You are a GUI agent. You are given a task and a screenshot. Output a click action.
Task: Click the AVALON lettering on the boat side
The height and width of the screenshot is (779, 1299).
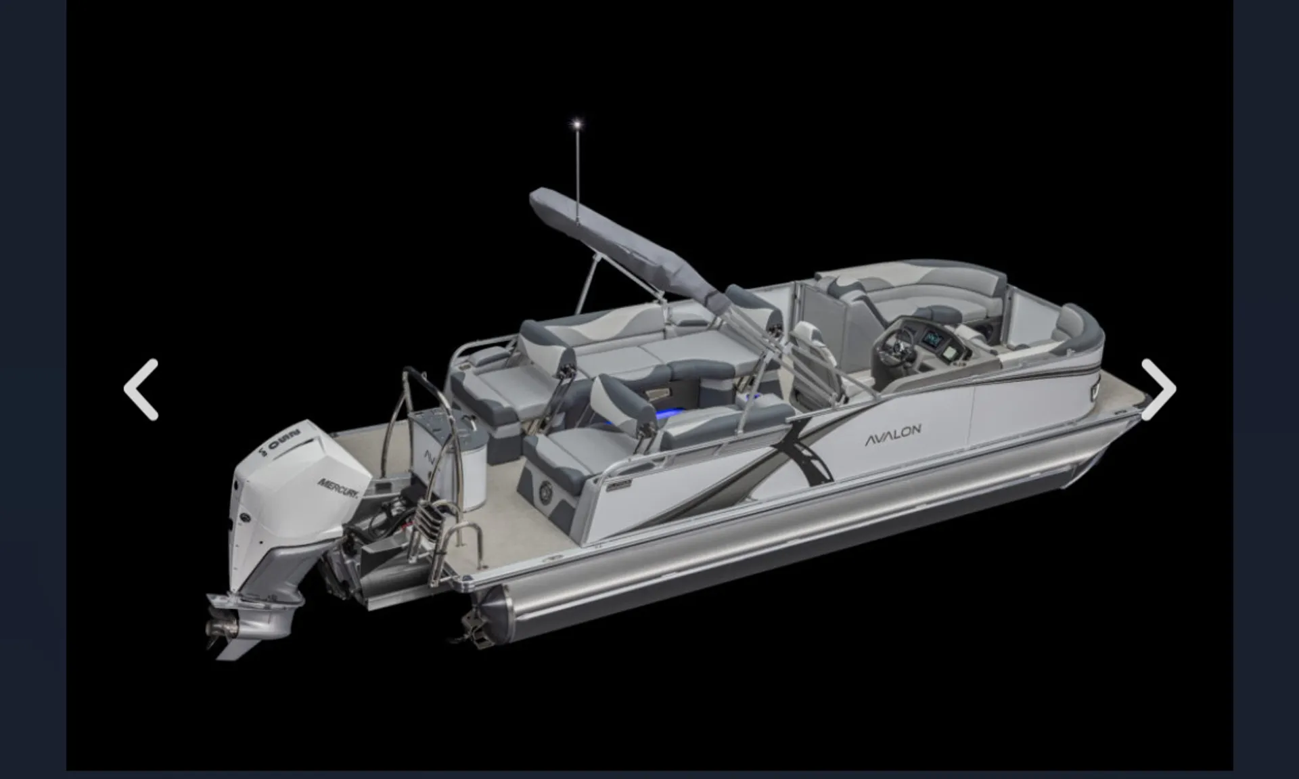(x=893, y=435)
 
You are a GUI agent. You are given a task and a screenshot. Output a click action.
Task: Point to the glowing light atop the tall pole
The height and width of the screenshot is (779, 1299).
(x=577, y=124)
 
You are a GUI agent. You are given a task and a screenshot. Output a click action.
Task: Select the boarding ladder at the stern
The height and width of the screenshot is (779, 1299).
(x=443, y=535)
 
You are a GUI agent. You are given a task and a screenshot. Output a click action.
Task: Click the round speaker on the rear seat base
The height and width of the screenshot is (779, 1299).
(x=545, y=493)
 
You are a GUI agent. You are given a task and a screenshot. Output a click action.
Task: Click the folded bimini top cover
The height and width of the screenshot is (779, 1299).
(x=622, y=244)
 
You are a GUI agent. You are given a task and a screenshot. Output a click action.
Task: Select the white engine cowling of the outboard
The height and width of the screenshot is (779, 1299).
(x=291, y=474)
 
